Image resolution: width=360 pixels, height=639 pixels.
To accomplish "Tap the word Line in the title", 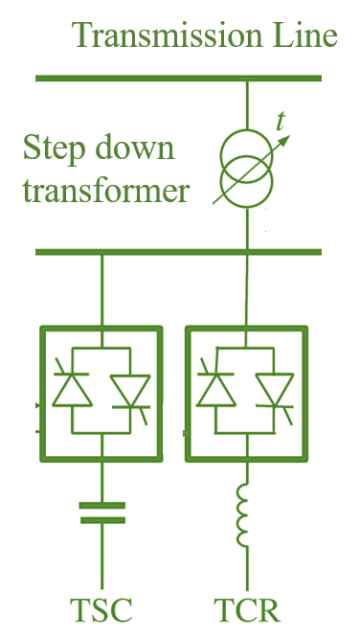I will [303, 36].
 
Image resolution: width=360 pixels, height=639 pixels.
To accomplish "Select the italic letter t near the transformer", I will [281, 122].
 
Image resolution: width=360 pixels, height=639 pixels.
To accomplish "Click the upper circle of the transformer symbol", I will [247, 151].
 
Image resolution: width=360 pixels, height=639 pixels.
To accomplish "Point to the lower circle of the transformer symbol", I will [247, 181].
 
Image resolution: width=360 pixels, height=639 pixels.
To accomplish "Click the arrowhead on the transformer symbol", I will [283, 138].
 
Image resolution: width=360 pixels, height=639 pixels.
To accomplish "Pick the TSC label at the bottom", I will [101, 609].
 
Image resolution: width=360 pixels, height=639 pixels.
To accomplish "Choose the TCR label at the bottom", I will [246, 609].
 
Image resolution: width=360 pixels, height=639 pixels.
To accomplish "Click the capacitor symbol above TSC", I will [101, 513].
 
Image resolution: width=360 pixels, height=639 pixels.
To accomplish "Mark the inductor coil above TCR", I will [248, 518].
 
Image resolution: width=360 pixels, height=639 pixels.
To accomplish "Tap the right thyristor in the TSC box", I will [129, 391].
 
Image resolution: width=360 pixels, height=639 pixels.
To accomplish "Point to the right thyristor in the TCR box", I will [275, 391].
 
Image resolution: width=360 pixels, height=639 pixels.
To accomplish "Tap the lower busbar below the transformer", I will [178, 252].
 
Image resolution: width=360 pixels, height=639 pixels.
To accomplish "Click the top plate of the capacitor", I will [101, 504].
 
